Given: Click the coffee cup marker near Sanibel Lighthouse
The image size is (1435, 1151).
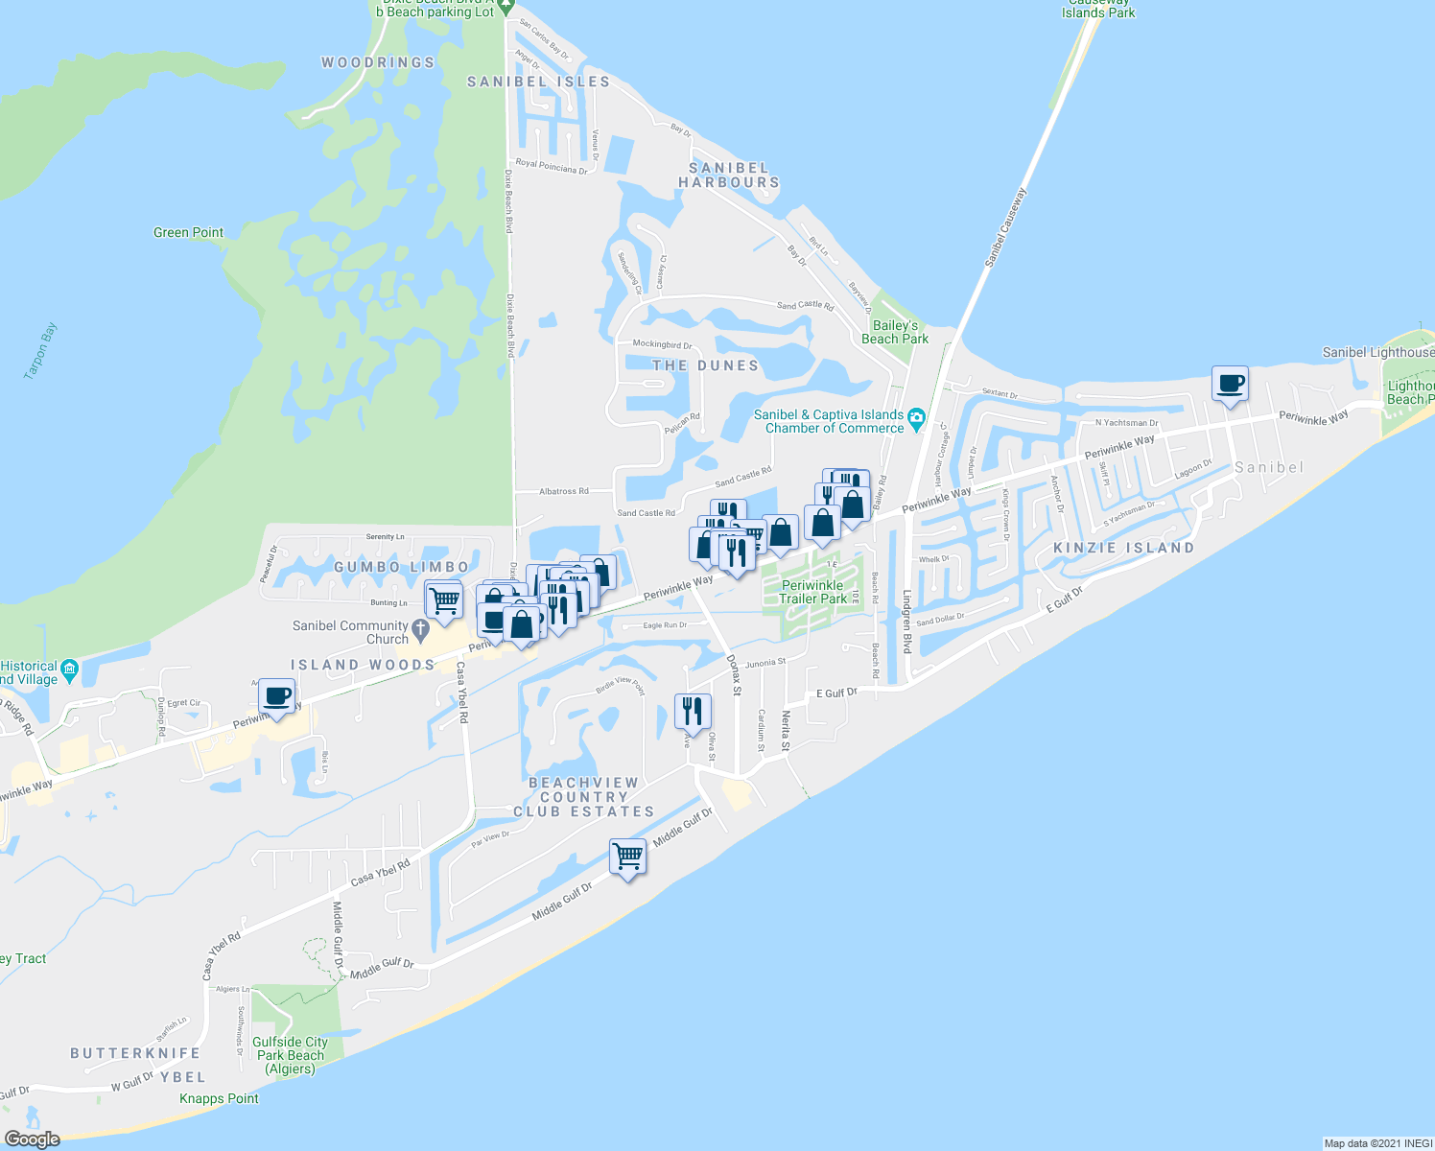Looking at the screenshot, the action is click(1230, 384).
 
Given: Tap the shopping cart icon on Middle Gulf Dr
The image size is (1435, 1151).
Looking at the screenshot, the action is click(627, 856).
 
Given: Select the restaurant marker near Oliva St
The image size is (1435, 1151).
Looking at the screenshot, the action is click(693, 711).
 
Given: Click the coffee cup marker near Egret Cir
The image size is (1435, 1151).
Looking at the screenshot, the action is click(276, 696).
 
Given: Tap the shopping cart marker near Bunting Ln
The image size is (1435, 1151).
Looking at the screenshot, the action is click(443, 600).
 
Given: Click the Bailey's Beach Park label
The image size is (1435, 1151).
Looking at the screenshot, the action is click(894, 332).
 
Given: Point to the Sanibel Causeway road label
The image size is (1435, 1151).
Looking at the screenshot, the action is click(1004, 227).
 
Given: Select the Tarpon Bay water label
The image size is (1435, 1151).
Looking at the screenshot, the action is click(40, 351).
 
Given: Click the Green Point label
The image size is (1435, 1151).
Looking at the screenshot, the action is click(188, 232).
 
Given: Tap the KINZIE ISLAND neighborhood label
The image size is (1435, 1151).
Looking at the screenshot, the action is click(1123, 548).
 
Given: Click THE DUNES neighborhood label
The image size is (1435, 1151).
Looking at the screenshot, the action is click(705, 365).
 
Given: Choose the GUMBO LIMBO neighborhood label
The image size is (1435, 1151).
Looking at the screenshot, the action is click(401, 567).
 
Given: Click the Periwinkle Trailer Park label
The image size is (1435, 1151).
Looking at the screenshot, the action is click(812, 592).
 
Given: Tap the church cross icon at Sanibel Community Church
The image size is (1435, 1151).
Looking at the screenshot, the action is click(420, 631).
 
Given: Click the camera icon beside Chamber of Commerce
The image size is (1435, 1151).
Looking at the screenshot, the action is click(916, 417).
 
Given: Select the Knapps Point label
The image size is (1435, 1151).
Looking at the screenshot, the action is click(219, 1098).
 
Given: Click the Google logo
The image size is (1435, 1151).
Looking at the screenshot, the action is click(32, 1139).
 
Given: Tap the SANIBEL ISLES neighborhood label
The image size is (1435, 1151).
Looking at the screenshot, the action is click(538, 82).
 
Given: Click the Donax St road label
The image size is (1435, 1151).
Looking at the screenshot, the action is click(734, 674).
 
